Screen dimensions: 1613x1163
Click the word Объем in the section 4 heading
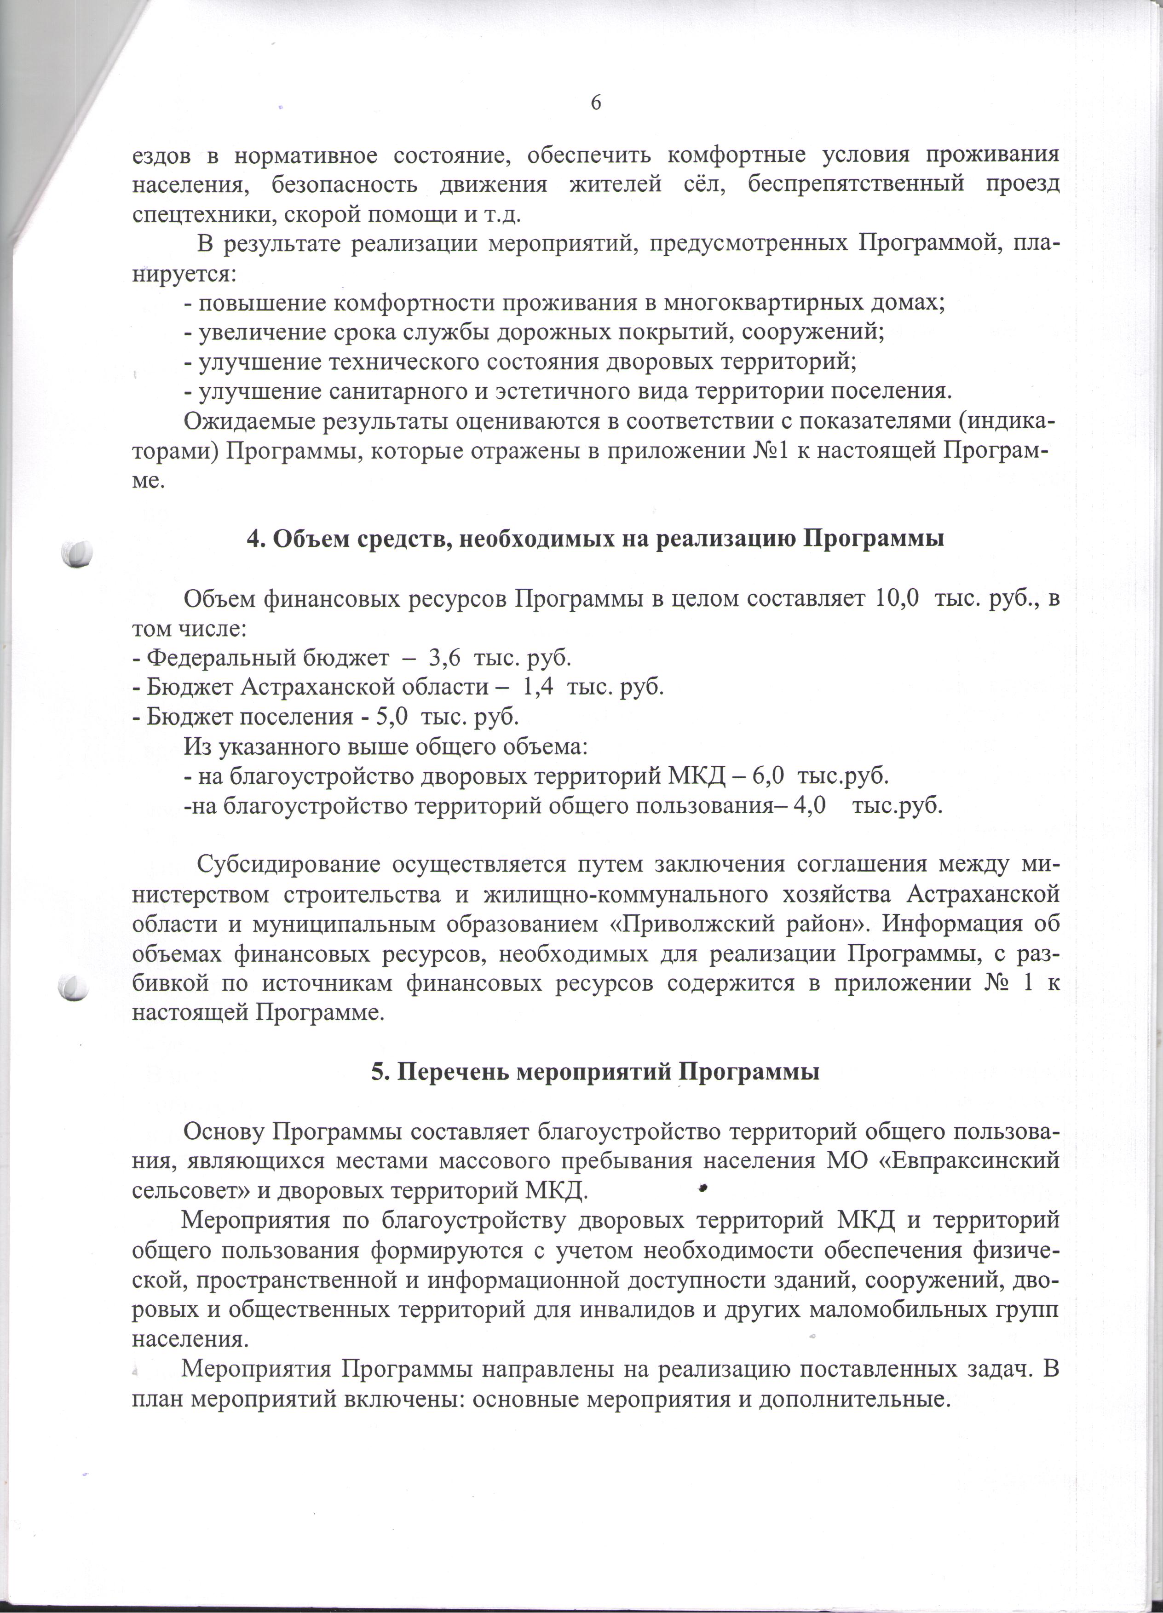pos(306,539)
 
